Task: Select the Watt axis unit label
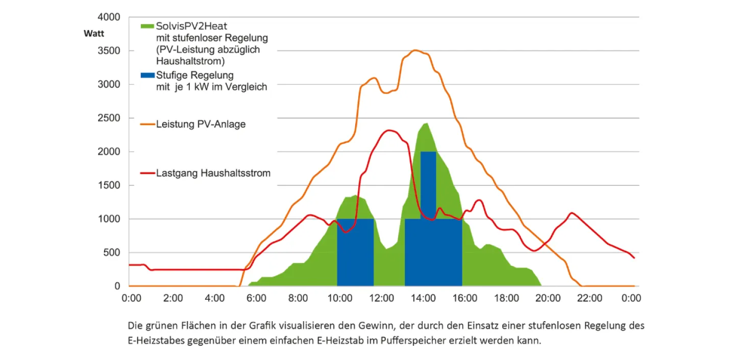[94, 34]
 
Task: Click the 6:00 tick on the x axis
[256, 298]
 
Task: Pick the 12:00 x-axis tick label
[381, 298]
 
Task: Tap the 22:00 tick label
[590, 298]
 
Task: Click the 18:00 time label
[506, 298]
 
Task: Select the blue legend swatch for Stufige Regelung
[147, 76]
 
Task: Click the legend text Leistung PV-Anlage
[201, 124]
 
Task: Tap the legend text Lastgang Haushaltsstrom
[213, 174]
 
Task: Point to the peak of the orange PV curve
[414, 50]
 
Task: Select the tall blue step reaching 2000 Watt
[428, 184]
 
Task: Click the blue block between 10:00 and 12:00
[355, 252]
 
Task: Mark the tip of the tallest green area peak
[426, 123]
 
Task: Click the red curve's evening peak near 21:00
[572, 212]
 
